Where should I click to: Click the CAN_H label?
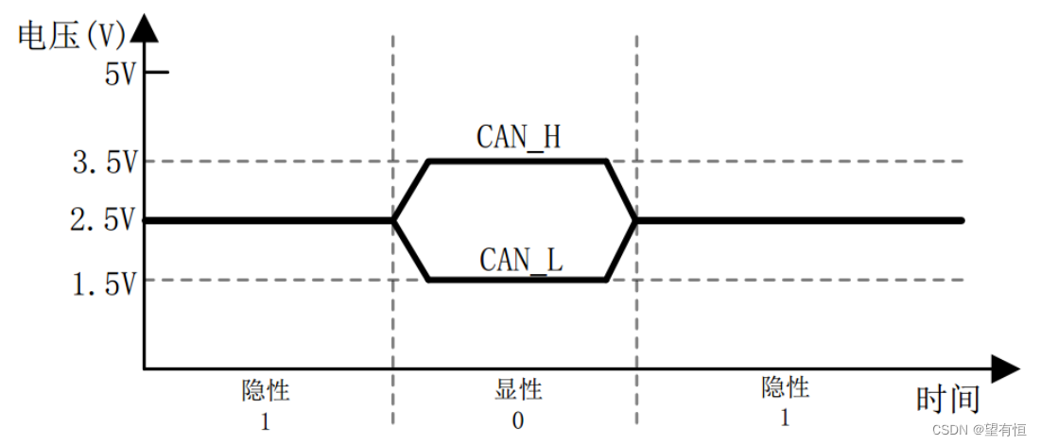pos(518,138)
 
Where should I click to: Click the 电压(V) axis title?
pos(72,35)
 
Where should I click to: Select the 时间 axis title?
pos(946,400)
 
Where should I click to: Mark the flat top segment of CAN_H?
pos(518,162)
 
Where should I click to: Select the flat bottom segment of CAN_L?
pos(518,280)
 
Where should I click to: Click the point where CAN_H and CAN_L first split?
pos(393,220)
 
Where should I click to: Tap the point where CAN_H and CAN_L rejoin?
pos(635,220)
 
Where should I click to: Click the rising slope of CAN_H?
pos(411,190)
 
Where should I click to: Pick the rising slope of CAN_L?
pos(620,250)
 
